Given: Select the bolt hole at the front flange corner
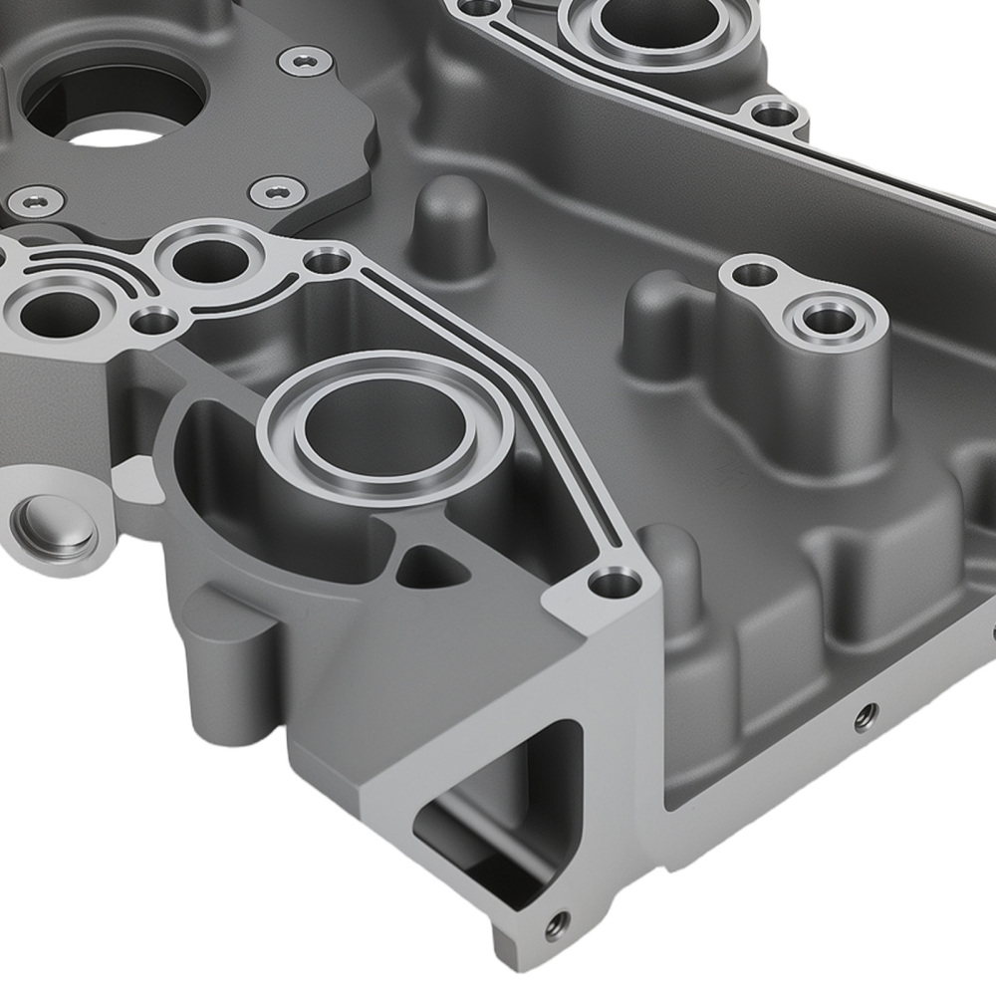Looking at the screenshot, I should pyautogui.click(x=614, y=582).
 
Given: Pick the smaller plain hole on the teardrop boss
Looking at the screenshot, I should pyautogui.click(x=756, y=273).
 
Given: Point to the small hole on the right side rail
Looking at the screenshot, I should pyautogui.click(x=866, y=714).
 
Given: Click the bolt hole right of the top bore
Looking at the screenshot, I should pyautogui.click(x=774, y=114).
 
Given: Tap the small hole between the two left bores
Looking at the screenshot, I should pyautogui.click(x=154, y=321).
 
